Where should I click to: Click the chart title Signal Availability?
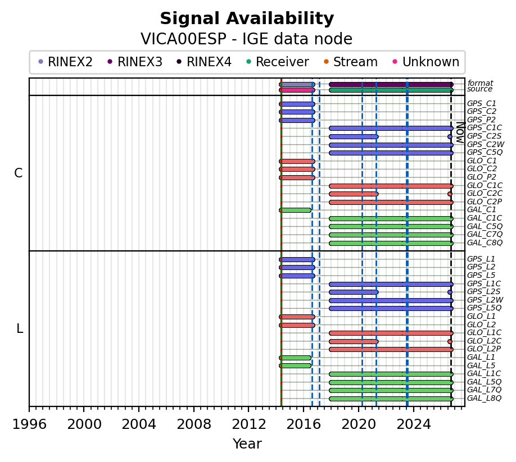pos(247,19)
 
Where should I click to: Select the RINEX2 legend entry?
pos(65,62)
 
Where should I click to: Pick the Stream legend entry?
pos(351,62)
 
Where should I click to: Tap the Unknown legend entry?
pos(426,62)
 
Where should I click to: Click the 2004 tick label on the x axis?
pos(138,424)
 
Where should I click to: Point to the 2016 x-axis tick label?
pos(304,424)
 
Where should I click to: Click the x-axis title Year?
pos(247,443)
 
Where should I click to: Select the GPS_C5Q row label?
pos(485,153)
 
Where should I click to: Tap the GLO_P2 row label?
pos(482,177)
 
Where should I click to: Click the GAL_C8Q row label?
pos(485,243)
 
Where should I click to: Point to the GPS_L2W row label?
pos(485,300)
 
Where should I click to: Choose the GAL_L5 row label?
pos(481,365)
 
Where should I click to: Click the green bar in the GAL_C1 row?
pos(295,211)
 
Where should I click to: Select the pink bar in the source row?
pos(297,90)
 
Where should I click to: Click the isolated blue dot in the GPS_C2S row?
pos(450,137)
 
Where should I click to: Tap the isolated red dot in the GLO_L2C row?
pos(450,341)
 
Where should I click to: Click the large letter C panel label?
pos(19,173)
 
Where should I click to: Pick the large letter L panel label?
pos(20,328)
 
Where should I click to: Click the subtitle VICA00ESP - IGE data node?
pos(247,39)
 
